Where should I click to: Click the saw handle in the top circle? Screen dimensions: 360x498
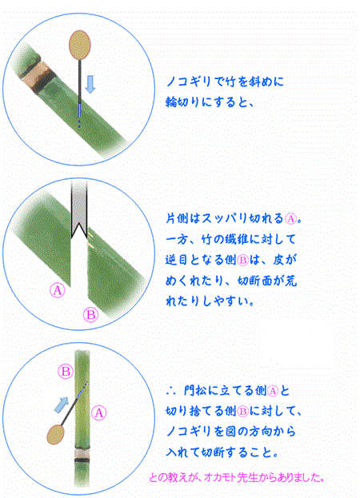(x=80, y=45)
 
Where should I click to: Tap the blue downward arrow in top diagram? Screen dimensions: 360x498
(x=90, y=84)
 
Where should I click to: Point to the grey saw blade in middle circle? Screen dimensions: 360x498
(x=78, y=209)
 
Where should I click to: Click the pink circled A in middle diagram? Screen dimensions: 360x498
(x=58, y=290)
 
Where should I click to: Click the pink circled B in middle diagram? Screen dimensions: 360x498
(x=90, y=315)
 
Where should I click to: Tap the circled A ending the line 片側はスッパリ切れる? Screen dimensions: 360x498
(x=290, y=218)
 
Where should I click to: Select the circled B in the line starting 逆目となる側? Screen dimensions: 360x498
(x=242, y=260)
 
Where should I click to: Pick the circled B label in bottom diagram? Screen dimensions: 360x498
(x=66, y=371)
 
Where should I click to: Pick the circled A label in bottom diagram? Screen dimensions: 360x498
(x=99, y=413)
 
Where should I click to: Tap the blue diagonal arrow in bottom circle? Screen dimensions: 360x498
(x=62, y=405)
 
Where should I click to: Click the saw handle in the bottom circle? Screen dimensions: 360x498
(x=56, y=435)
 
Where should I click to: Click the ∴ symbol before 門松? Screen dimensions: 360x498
(x=171, y=391)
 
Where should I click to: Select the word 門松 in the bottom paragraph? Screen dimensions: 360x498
(x=196, y=390)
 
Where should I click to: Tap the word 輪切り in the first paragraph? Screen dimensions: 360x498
(x=182, y=102)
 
